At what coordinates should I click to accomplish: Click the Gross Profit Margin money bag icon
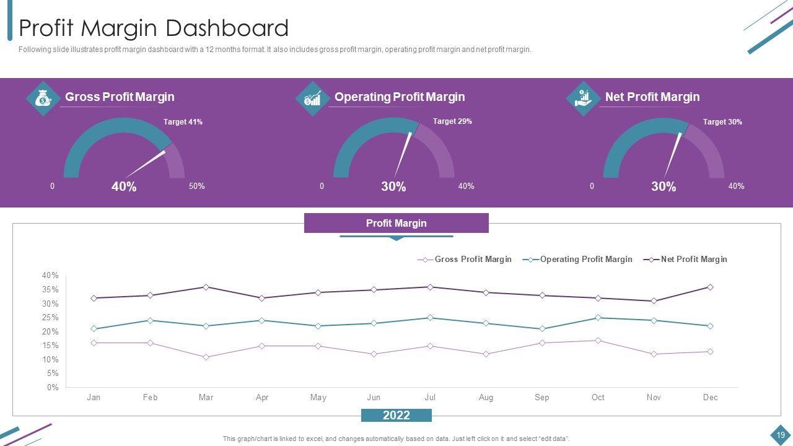tap(43, 98)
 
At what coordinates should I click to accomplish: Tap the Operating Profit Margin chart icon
tap(312, 98)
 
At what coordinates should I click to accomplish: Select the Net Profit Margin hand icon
tap(582, 98)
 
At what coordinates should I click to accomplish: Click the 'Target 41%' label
tap(183, 122)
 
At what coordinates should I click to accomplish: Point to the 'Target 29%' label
tap(452, 121)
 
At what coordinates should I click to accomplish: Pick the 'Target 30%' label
tap(722, 122)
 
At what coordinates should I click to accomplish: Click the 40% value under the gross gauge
tap(124, 186)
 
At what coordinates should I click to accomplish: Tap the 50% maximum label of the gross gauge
tap(196, 186)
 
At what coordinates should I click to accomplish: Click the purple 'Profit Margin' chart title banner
tap(396, 223)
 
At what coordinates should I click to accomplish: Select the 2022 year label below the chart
tap(396, 415)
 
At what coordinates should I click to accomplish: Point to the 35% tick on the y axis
tap(50, 290)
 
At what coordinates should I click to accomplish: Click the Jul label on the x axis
tap(430, 398)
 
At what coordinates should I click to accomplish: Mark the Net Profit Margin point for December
tap(710, 287)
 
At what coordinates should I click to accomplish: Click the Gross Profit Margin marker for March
tap(206, 357)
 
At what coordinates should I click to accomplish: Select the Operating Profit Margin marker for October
tap(598, 318)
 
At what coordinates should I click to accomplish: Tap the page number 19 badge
tap(780, 434)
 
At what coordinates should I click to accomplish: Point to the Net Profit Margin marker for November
tap(654, 301)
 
